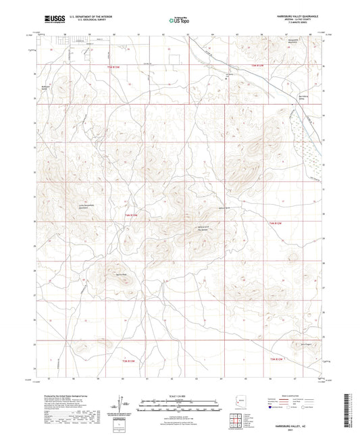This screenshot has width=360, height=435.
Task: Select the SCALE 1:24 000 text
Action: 179,396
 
